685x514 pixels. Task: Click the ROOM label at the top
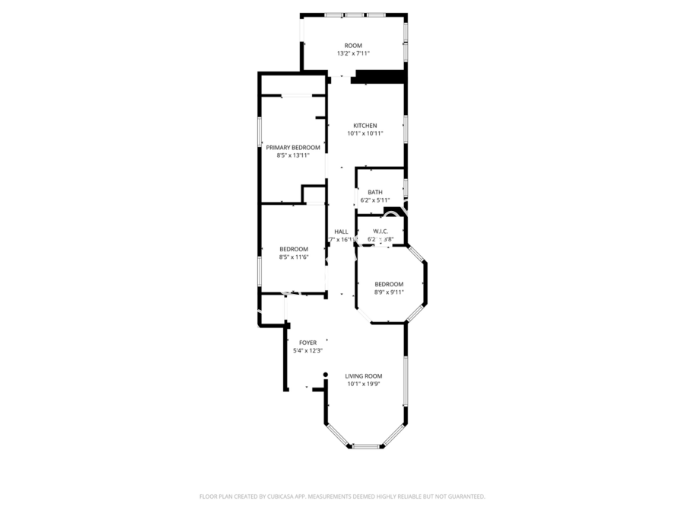(353, 46)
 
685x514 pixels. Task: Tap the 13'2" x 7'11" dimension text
(353, 54)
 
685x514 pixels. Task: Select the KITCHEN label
(365, 126)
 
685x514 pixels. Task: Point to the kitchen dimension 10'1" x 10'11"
(365, 134)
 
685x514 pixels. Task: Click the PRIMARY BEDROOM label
(293, 147)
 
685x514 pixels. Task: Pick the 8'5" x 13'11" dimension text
(293, 155)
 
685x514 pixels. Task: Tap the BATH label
(375, 192)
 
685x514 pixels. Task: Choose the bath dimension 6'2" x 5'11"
(375, 200)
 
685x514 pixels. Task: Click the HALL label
(342, 231)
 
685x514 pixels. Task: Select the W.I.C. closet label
(381, 231)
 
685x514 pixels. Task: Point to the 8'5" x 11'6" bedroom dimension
(294, 257)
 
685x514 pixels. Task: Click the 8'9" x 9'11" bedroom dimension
(389, 292)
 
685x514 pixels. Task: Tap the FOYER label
(307, 343)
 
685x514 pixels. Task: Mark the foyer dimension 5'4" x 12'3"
(307, 351)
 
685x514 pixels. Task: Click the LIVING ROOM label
(364, 376)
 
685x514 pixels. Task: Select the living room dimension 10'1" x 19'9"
(364, 385)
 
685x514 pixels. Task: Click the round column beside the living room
(325, 375)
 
